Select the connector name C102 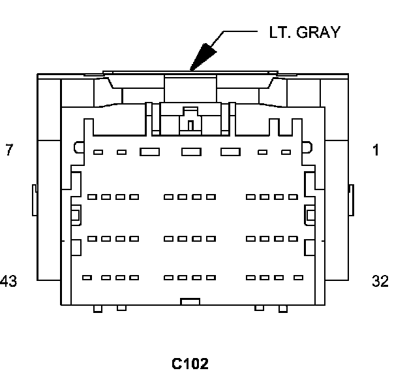pyautogui.click(x=190, y=364)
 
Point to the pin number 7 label pyautogui.click(x=8, y=150)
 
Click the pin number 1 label pyautogui.click(x=376, y=150)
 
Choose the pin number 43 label pyautogui.click(x=8, y=282)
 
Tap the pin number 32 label pyautogui.click(x=380, y=282)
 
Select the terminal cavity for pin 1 pyautogui.click(x=286, y=152)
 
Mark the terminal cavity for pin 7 pyautogui.click(x=98, y=152)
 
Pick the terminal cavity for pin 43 pyautogui.click(x=87, y=278)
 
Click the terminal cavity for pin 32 pyautogui.click(x=298, y=278)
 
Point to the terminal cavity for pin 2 pyautogui.click(x=262, y=152)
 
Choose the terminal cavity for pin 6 pyautogui.click(x=121, y=152)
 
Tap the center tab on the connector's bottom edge pyautogui.click(x=189, y=301)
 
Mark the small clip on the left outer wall pyautogui.click(x=34, y=199)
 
